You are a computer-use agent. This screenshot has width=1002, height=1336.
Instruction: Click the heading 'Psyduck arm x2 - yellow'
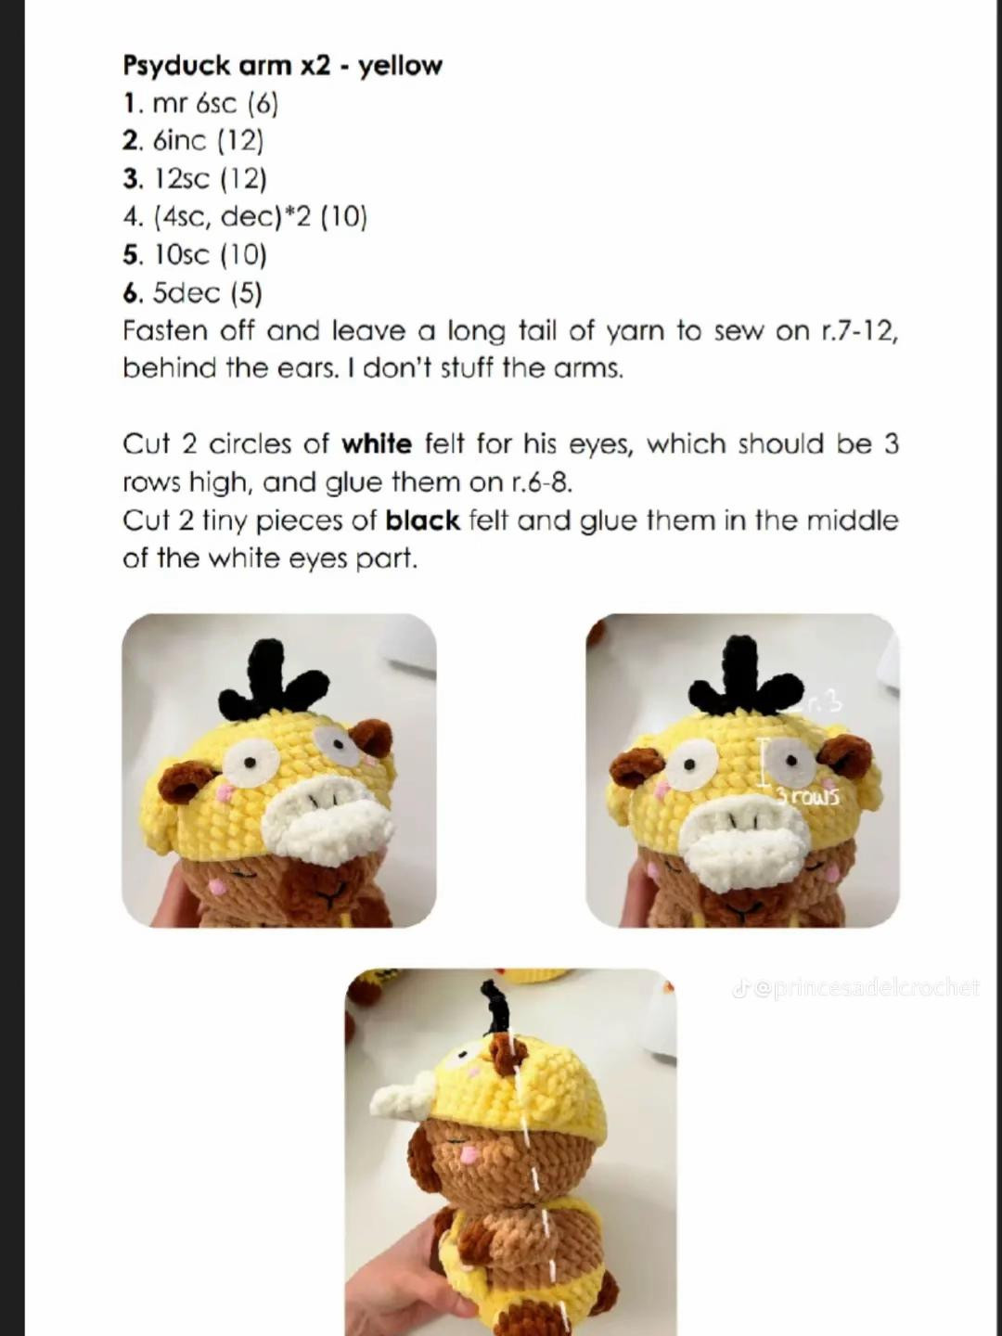click(282, 66)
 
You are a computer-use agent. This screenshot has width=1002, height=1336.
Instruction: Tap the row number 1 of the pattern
click(130, 104)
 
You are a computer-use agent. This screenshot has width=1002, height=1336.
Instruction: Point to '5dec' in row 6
click(186, 293)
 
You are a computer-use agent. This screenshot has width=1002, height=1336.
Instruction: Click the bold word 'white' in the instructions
click(377, 444)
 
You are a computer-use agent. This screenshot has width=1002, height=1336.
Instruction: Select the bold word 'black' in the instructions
click(422, 520)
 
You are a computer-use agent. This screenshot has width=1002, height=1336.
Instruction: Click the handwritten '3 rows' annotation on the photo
click(808, 796)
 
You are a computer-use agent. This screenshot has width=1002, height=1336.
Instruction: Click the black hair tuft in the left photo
click(271, 682)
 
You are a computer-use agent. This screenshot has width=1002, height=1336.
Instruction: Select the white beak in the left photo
click(327, 820)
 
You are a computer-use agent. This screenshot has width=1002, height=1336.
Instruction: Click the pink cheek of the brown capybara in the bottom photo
click(469, 1154)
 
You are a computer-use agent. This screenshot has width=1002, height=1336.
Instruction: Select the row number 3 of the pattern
click(130, 179)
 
